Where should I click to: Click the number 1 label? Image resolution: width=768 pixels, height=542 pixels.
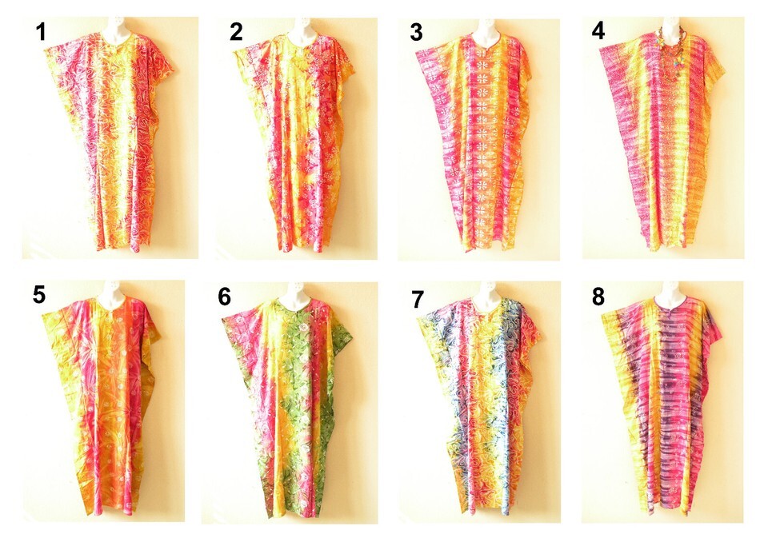41,32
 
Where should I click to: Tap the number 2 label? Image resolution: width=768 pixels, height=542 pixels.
236,32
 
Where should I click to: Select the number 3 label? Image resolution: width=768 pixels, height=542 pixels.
416,32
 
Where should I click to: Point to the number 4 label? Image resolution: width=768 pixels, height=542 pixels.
598,31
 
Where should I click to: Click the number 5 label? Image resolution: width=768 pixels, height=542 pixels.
39,295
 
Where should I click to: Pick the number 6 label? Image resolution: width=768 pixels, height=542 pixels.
224,297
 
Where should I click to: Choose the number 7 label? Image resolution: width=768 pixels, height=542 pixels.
418,300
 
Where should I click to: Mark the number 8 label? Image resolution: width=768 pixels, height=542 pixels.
598,297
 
